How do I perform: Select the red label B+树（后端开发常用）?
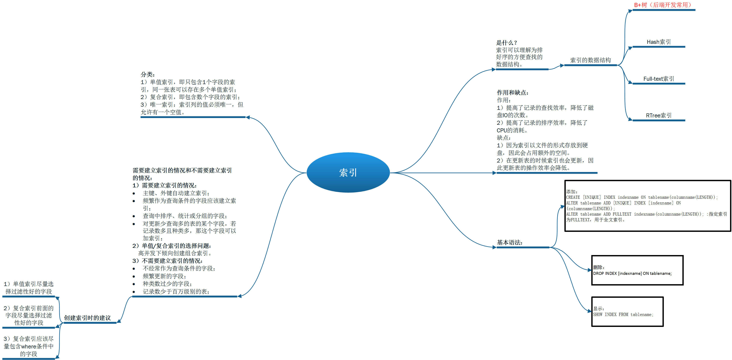[x=663, y=5]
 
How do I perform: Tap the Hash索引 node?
[x=658, y=42]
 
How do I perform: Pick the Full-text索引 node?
[x=658, y=79]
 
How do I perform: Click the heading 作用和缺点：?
[x=512, y=93]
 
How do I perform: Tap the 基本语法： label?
[x=509, y=243]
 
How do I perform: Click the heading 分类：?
[x=148, y=74]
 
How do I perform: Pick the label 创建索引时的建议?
[x=87, y=318]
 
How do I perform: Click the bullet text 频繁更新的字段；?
[x=164, y=276]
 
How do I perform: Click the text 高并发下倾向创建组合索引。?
[x=175, y=253]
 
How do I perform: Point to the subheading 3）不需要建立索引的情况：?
[x=167, y=261]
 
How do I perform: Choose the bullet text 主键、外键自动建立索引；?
[x=176, y=193]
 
